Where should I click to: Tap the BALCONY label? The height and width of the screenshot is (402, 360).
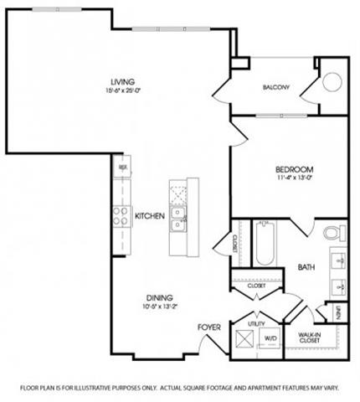(x=276, y=87)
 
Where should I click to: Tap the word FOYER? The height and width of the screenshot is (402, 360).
(x=208, y=326)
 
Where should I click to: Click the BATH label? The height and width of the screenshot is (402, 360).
(x=306, y=268)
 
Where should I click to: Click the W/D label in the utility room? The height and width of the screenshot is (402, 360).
(x=270, y=338)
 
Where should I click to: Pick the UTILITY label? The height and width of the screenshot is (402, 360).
(x=255, y=322)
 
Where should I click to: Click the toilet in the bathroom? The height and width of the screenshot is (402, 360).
(x=331, y=232)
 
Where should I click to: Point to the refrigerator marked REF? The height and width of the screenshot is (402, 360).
(x=122, y=167)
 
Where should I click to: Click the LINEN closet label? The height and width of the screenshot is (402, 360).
(x=335, y=312)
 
